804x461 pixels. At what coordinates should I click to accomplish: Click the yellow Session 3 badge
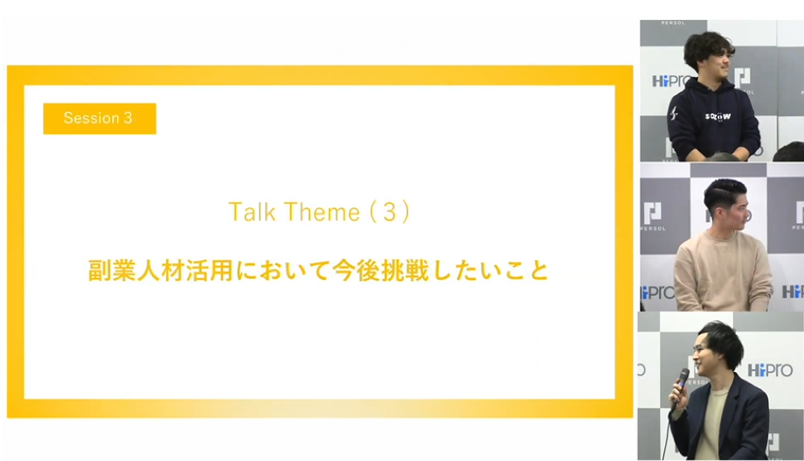[100, 119]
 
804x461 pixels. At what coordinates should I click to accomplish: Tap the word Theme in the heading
[322, 212]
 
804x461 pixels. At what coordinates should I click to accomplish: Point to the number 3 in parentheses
[390, 212]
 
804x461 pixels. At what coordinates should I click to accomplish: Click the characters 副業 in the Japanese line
[112, 270]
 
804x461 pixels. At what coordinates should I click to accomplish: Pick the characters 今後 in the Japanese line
[356, 270]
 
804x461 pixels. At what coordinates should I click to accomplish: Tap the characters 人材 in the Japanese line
[161, 270]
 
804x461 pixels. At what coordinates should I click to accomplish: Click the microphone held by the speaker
[681, 387]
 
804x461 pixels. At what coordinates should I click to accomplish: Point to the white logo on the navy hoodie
[717, 116]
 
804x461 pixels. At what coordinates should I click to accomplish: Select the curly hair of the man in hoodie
[708, 49]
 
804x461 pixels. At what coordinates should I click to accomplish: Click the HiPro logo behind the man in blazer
[770, 370]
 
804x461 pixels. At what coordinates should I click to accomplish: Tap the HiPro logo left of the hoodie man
[671, 81]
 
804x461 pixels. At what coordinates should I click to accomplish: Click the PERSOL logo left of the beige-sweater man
[652, 216]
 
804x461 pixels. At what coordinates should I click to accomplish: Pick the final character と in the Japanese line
[538, 270]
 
